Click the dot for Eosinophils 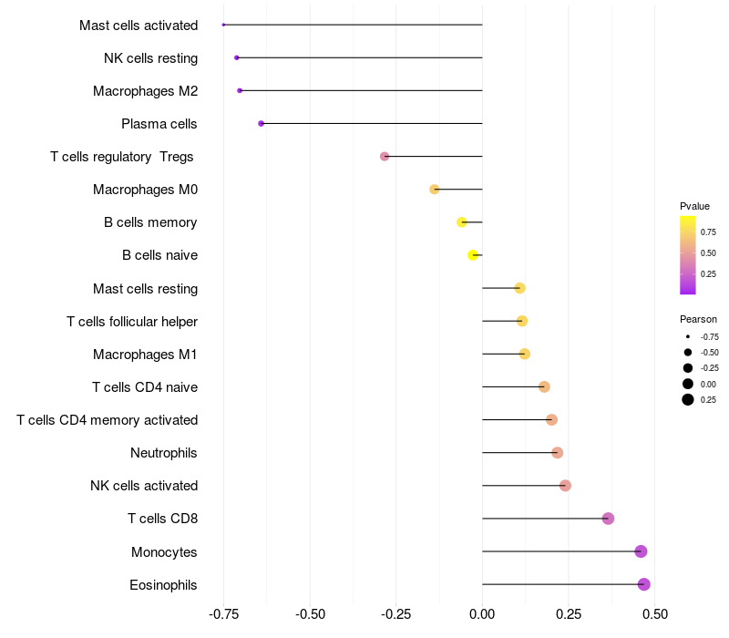[644, 584]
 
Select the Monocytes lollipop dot [641, 551]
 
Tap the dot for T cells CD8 [608, 519]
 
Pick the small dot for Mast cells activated [223, 25]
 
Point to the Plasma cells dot [262, 123]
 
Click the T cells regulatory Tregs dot [385, 157]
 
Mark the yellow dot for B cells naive [473, 255]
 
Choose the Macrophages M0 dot [435, 190]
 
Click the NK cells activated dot [565, 486]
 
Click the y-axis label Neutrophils [164, 453]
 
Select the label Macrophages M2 [145, 91]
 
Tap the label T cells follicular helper [132, 322]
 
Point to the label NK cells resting [150, 58]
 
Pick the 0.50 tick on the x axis [654, 614]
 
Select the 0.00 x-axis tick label [482, 614]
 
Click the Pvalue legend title [694, 206]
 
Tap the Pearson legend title [698, 319]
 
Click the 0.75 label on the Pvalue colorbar [708, 232]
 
